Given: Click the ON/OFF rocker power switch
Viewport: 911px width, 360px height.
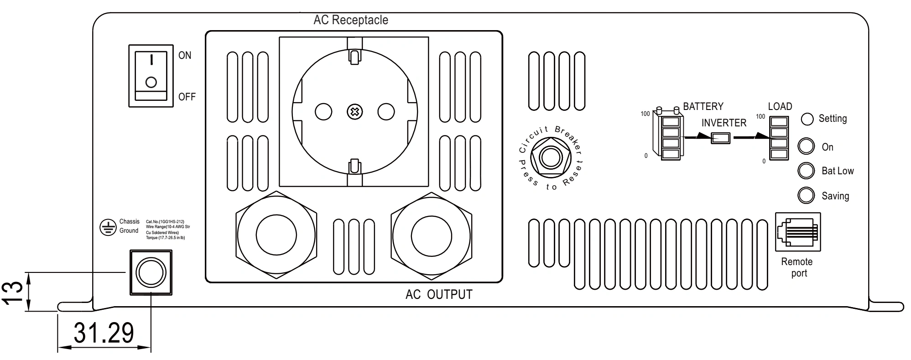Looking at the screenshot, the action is click(x=151, y=76).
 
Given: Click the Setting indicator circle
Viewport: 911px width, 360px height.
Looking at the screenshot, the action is click(x=807, y=119).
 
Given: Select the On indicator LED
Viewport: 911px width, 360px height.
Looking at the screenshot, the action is click(x=806, y=147).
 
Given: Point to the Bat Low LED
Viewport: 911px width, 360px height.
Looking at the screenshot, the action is click(x=806, y=171).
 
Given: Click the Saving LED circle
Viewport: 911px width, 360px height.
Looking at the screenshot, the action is click(x=806, y=195).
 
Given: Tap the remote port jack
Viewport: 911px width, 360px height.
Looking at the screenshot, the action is click(x=798, y=232).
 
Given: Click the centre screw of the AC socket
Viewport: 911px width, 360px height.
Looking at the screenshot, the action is click(x=354, y=112).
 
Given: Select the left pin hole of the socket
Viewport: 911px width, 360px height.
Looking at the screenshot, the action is click(x=323, y=112).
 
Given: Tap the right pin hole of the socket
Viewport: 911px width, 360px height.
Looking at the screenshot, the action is click(x=385, y=112).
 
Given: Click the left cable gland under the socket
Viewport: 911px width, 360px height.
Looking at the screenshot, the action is click(x=276, y=235).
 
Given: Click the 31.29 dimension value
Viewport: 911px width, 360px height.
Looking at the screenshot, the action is click(x=104, y=333).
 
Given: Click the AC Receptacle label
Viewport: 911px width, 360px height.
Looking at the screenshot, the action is click(x=351, y=20).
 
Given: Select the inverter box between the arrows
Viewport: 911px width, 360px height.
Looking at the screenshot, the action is click(x=721, y=138).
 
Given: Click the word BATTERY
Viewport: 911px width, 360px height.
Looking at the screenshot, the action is click(x=703, y=106).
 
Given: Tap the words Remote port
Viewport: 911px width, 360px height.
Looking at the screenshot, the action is click(x=797, y=267).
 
